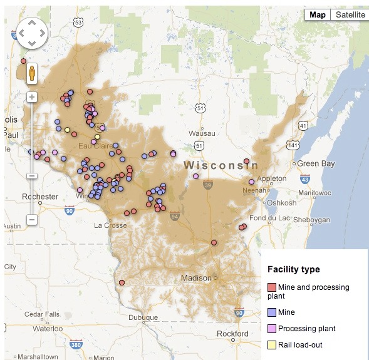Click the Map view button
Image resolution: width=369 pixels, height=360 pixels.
tap(318, 15)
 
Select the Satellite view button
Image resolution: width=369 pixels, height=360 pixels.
tap(350, 15)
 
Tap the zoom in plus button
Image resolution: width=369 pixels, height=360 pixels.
tap(32, 97)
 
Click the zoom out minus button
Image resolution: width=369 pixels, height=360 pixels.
tap(32, 220)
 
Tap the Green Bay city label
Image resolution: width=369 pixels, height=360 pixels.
tap(315, 164)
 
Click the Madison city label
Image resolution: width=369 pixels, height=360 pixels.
tap(196, 278)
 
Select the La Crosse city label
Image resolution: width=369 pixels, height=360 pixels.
tap(110, 225)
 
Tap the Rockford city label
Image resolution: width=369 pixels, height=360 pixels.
tap(232, 334)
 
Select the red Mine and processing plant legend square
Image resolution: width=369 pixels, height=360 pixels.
tap(272, 287)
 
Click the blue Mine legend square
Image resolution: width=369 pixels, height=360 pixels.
tap(272, 312)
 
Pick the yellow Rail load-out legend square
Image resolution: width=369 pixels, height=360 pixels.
tap(272, 345)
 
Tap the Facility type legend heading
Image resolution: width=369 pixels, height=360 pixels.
tap(293, 270)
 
